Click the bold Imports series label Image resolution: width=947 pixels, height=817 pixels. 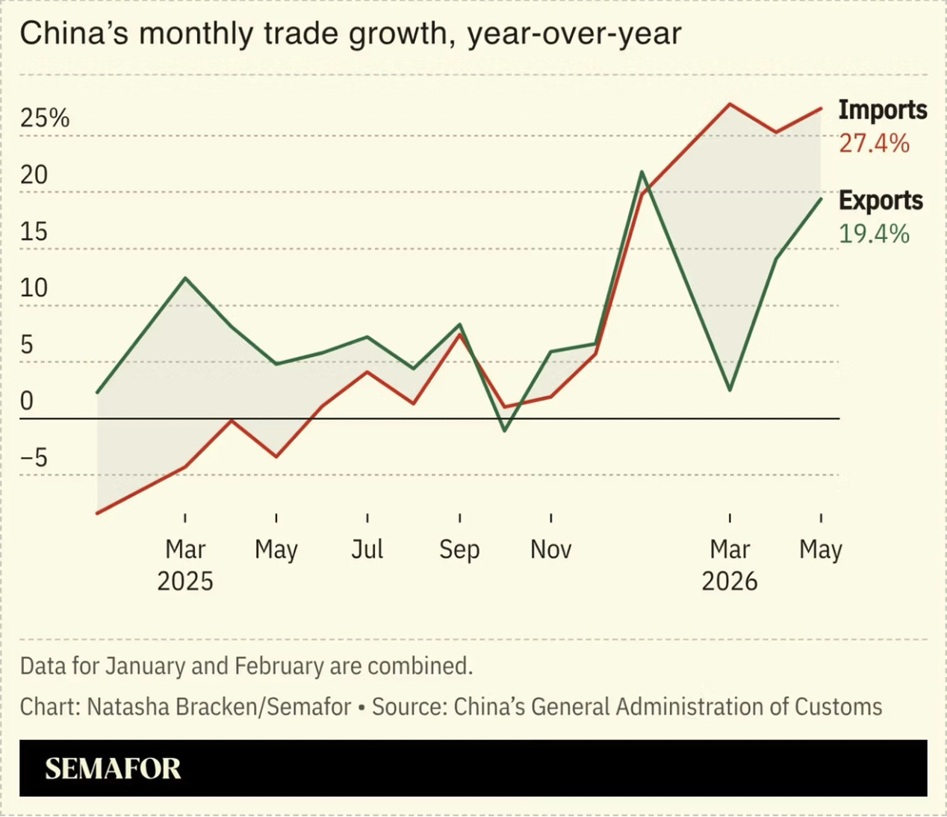(x=883, y=111)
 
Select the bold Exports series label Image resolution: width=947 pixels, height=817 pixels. (x=881, y=201)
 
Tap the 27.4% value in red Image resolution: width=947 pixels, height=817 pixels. (x=874, y=144)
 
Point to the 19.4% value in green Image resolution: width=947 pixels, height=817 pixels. (x=874, y=234)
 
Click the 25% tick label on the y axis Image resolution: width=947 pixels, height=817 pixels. (x=45, y=118)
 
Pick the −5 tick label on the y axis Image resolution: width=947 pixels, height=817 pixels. (x=34, y=458)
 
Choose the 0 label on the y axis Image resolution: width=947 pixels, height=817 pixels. (x=27, y=401)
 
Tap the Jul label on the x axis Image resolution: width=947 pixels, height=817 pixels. (x=367, y=549)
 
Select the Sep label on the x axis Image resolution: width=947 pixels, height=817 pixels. (x=459, y=550)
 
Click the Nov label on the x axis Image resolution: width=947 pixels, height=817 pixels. (x=550, y=549)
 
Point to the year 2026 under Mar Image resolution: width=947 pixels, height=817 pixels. (x=730, y=582)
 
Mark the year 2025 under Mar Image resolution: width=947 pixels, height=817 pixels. (x=185, y=582)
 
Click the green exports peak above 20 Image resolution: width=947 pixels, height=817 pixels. (x=642, y=172)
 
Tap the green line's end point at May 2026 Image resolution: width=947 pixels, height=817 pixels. (x=821, y=199)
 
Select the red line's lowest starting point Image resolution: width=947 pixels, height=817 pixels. (x=97, y=513)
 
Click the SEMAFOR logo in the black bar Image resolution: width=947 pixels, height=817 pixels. (x=113, y=769)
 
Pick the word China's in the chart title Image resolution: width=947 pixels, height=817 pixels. (x=74, y=34)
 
